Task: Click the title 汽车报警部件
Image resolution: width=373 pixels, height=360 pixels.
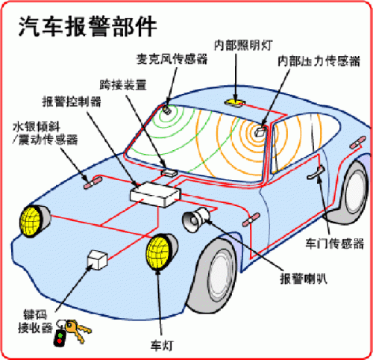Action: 87,26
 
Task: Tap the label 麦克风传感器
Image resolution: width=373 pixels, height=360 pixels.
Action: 172,59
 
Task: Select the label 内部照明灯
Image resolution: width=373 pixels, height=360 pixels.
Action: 243,46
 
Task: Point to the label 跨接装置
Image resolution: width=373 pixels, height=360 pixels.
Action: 123,84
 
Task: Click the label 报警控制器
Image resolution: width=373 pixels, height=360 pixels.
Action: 72,102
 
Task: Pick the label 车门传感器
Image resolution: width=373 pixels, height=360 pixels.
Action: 334,243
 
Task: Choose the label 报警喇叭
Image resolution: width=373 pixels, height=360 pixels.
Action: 304,279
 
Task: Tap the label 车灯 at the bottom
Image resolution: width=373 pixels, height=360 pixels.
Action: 162,346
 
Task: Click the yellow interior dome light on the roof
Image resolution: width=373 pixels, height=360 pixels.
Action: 235,102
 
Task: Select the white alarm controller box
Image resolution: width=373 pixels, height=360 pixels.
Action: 155,194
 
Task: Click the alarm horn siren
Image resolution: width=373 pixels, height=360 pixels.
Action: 196,220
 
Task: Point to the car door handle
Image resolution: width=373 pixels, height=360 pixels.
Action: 316,173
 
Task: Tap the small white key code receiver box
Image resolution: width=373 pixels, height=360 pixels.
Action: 98,260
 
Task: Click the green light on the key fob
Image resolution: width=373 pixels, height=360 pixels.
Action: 60,335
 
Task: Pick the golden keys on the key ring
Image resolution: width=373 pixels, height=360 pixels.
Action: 77,330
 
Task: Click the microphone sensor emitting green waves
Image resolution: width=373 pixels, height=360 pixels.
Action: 167,109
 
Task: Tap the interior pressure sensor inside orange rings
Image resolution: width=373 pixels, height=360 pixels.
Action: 260,131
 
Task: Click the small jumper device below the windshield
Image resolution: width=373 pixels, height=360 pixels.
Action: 169,172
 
